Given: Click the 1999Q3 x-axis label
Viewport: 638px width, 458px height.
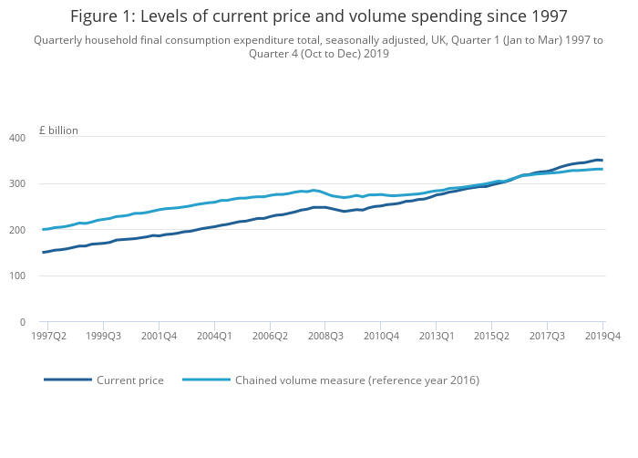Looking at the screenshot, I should click(x=103, y=337).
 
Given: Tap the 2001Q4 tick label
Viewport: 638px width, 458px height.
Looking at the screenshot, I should click(x=159, y=337).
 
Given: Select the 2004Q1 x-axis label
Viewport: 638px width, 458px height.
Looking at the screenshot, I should click(x=214, y=337).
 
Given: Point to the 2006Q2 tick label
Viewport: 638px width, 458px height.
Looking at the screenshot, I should click(x=270, y=337).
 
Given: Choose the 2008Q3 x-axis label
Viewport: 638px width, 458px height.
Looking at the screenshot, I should click(x=325, y=337).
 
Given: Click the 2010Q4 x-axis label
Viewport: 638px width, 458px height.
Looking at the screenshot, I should click(x=381, y=337).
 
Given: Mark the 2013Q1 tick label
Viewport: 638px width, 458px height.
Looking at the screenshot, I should click(x=436, y=337).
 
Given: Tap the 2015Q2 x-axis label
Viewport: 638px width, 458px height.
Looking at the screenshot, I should click(x=491, y=337).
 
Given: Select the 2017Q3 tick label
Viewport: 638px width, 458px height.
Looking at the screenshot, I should click(x=547, y=337).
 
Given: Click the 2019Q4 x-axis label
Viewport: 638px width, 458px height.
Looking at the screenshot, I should click(x=602, y=337).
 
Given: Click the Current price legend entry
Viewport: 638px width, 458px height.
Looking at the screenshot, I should click(x=129, y=380).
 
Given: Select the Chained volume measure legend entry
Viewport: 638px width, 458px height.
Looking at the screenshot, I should click(x=356, y=380).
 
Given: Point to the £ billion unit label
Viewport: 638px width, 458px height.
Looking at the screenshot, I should click(x=58, y=130).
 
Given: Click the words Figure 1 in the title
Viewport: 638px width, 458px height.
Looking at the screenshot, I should click(x=101, y=16).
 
